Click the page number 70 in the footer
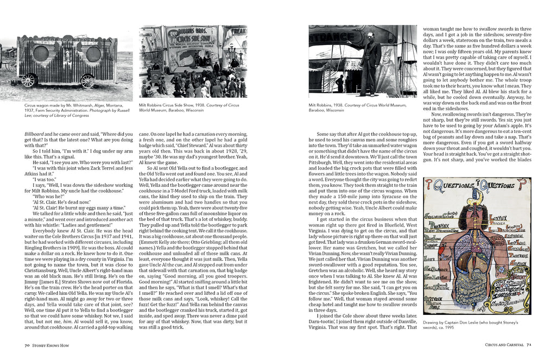(27, 345)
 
